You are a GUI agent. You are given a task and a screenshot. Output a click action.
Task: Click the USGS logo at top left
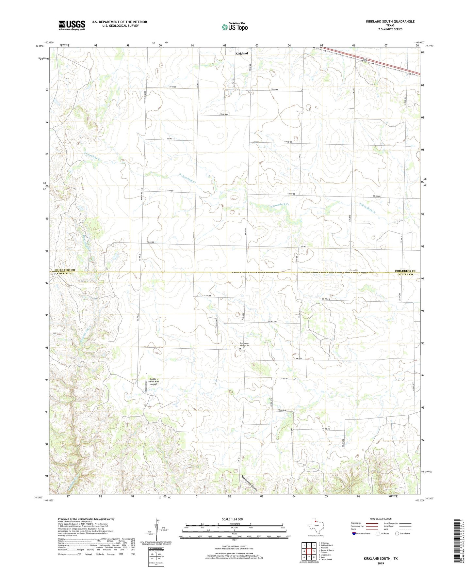72,25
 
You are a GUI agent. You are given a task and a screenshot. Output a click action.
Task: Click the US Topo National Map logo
235,26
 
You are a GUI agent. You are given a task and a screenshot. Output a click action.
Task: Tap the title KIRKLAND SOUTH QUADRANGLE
390,22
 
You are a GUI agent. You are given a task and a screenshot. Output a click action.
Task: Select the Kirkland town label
242,53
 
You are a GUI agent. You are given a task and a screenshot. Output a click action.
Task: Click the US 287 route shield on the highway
366,59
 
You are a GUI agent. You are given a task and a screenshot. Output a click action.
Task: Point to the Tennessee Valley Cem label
244,344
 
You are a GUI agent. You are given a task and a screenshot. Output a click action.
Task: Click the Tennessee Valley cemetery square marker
240,349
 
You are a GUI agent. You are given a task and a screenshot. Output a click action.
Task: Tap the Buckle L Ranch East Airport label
154,381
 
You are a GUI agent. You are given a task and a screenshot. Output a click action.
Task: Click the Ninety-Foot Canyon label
252,483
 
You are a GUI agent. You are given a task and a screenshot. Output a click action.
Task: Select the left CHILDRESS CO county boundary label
65,270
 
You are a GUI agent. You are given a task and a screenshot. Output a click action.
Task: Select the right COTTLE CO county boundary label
405,274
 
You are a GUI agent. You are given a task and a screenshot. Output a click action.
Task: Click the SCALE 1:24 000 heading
232,519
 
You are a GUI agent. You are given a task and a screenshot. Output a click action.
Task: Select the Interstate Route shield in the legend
354,533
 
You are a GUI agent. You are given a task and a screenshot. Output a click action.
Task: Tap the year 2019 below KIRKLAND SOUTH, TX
380,563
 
